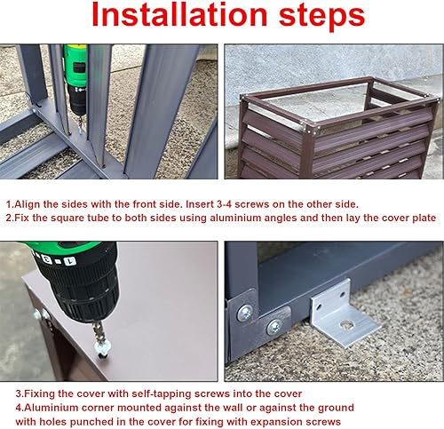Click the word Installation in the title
[179, 14]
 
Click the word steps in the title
[321, 16]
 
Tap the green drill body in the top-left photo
[75, 64]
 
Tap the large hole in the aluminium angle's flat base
[347, 325]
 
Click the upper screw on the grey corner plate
[245, 313]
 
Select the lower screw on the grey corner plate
[274, 327]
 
